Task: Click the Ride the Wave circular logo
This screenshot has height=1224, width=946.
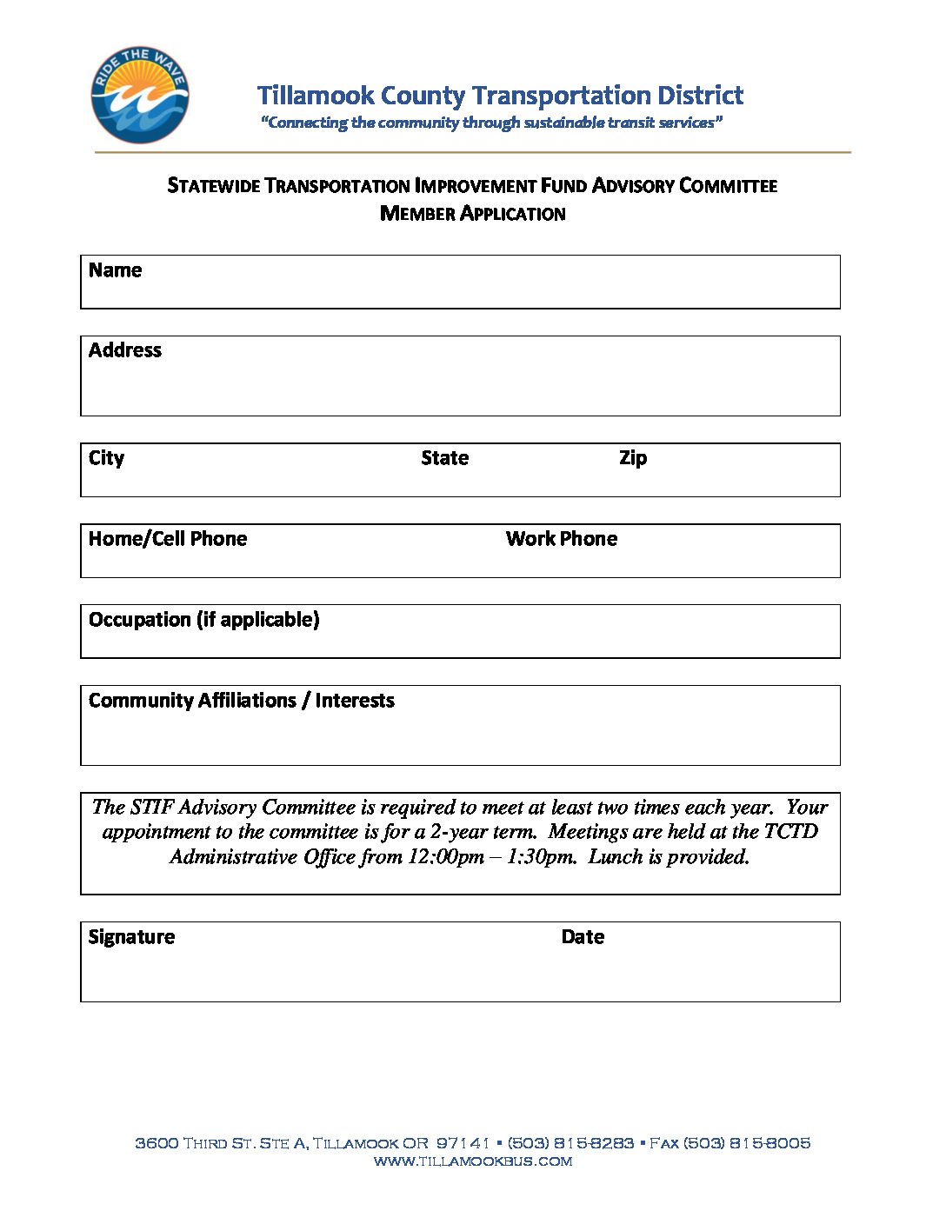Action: click(139, 95)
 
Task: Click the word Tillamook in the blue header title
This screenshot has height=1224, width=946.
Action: click(316, 95)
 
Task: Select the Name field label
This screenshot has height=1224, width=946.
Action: click(115, 270)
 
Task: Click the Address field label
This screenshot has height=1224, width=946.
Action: click(125, 350)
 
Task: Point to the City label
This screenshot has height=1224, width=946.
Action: click(106, 458)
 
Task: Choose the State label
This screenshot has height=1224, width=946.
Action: click(444, 458)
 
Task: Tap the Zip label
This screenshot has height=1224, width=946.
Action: click(633, 458)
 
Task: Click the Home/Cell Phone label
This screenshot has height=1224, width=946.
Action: click(168, 539)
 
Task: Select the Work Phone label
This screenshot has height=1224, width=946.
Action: click(562, 539)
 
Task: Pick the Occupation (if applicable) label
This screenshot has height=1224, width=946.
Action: click(204, 620)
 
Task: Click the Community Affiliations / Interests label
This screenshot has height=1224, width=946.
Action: click(242, 701)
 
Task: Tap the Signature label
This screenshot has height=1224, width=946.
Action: click(131, 937)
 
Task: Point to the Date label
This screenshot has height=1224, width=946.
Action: click(583, 937)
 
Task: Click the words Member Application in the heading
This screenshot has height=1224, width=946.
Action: click(473, 214)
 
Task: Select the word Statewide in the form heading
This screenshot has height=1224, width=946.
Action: click(214, 186)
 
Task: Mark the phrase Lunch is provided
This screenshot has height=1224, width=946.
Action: click(669, 857)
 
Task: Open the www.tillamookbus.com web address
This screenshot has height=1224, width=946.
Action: click(473, 1161)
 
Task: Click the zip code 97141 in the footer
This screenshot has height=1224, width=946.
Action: click(463, 1143)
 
